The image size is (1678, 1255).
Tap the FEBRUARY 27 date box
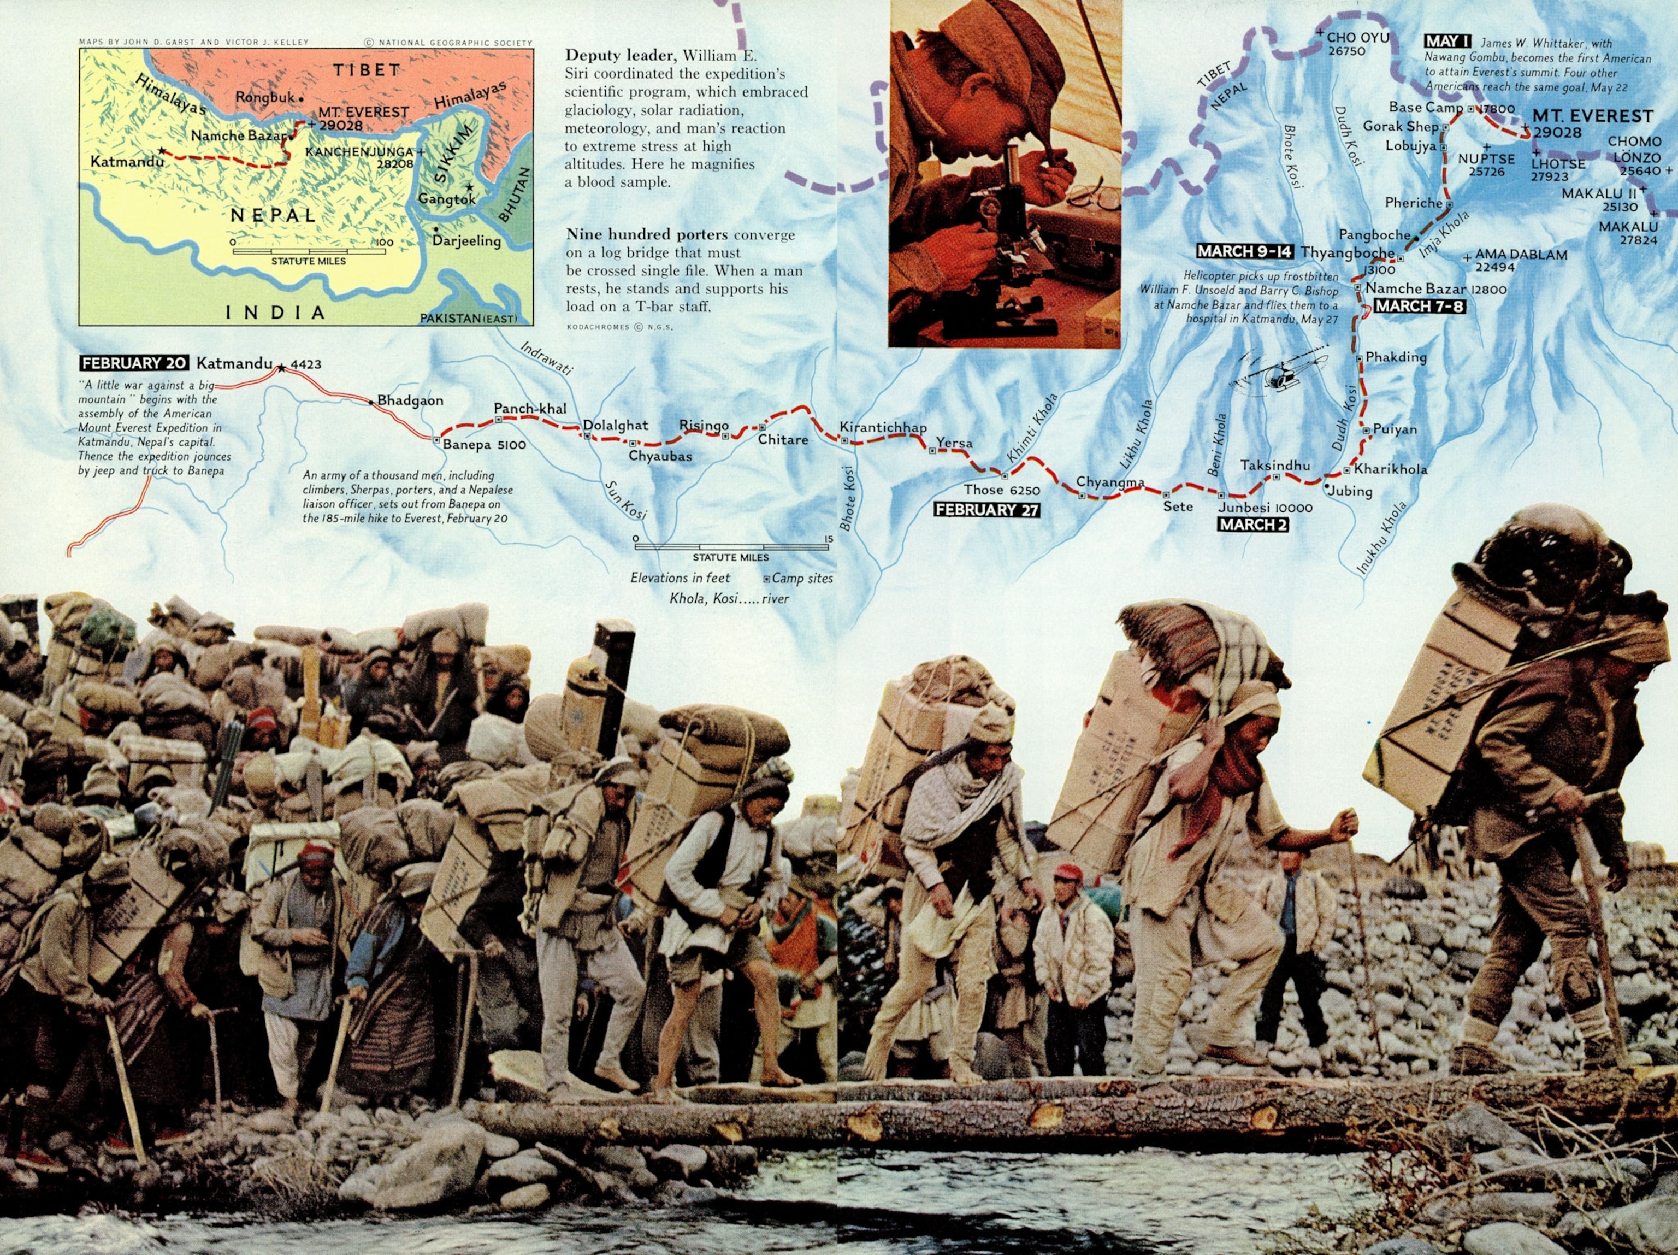coord(986,510)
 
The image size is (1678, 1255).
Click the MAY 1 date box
coord(1447,42)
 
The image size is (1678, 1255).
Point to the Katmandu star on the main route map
coord(281,368)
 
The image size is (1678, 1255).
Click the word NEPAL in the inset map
coord(273,215)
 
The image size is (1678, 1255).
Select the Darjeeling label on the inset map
coord(466,240)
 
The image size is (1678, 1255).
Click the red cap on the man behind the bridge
coord(1067,872)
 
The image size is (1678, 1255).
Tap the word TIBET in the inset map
coord(367,70)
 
